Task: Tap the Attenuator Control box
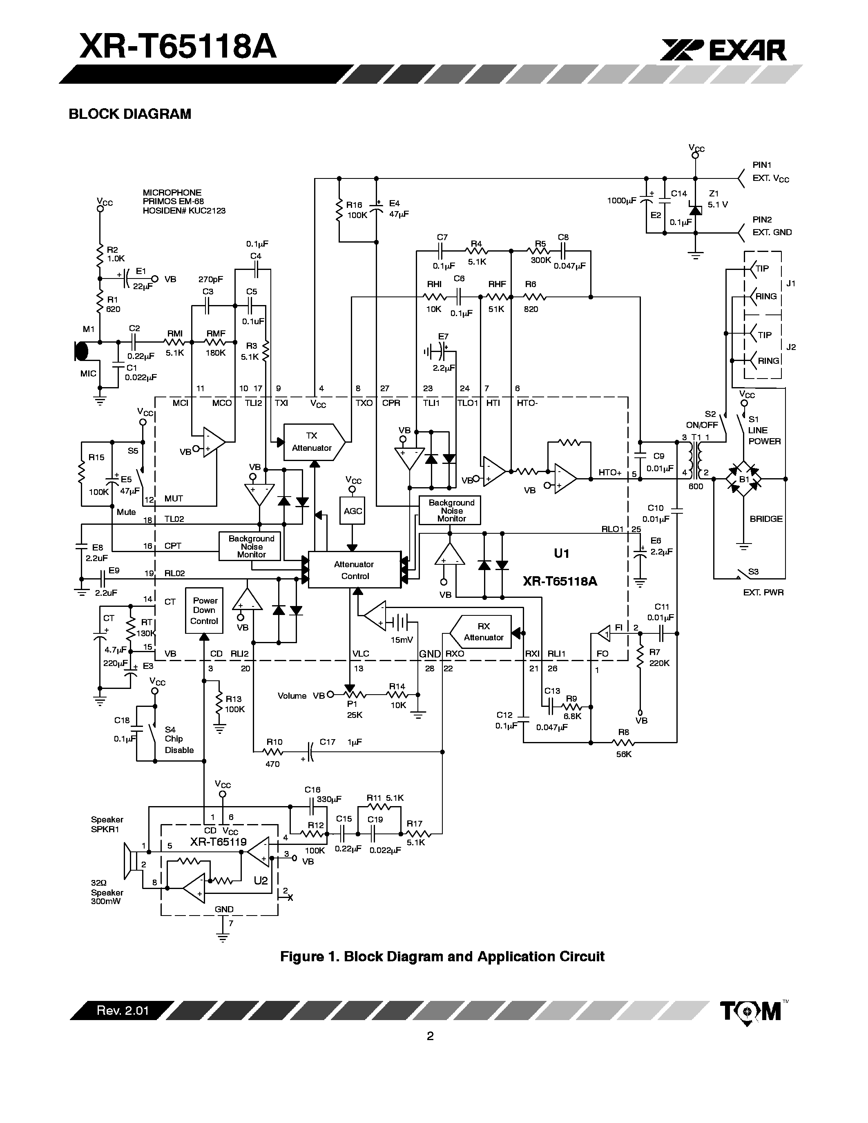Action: [354, 570]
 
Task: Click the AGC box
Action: [353, 510]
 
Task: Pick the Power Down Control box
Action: [204, 611]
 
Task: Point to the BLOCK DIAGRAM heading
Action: [129, 114]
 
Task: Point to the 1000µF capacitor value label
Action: [621, 201]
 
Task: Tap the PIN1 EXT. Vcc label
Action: [770, 172]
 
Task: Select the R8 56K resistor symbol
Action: [623, 742]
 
